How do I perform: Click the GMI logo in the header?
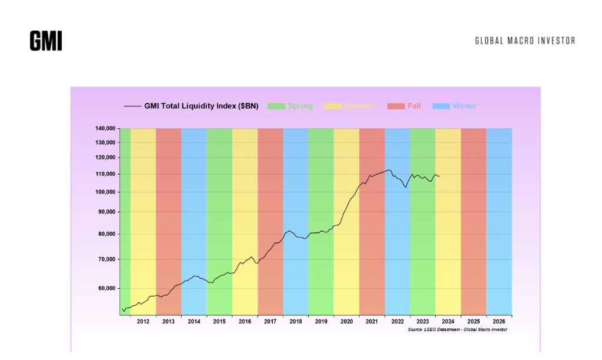(46, 41)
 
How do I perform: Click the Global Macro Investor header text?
(525, 41)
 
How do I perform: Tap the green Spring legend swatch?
(276, 106)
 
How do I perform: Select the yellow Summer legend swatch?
(333, 106)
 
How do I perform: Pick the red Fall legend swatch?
(396, 106)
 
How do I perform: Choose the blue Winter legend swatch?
(441, 106)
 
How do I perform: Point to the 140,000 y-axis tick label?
(105, 129)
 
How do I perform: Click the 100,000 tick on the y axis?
(105, 192)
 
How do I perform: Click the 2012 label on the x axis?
(143, 322)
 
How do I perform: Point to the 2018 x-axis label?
(296, 322)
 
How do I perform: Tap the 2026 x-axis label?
(499, 322)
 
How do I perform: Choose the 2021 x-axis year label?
(372, 322)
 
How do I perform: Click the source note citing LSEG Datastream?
(457, 330)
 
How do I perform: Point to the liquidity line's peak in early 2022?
(389, 170)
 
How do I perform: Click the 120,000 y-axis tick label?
(105, 158)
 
